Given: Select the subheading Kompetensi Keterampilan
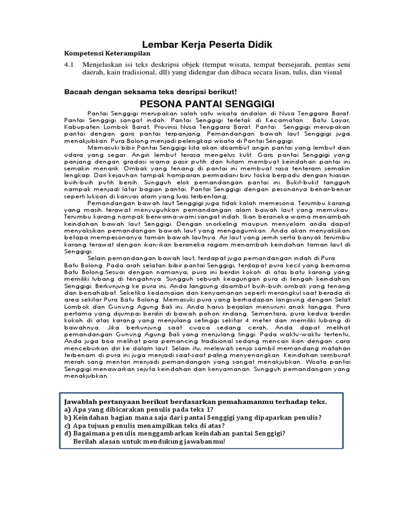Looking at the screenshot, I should tap(107, 53).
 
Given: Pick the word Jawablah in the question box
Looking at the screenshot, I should tap(79, 401).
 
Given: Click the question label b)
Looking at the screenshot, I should tap(68, 417).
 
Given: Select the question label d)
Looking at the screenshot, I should tap(68, 433).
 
